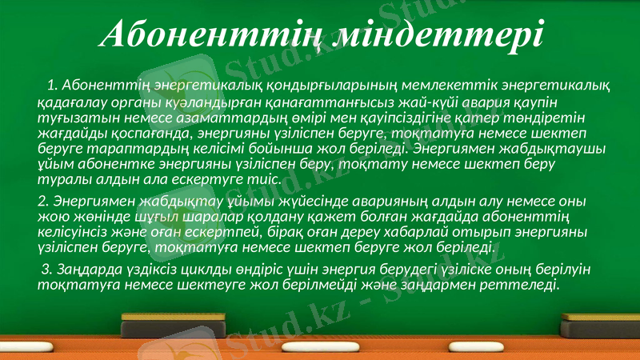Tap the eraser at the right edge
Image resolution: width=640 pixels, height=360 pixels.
pos(600,321)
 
